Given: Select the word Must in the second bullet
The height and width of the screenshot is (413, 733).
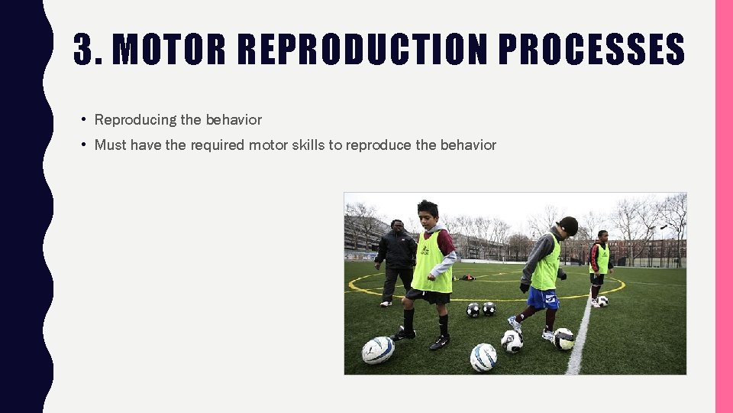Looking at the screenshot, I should [110, 145].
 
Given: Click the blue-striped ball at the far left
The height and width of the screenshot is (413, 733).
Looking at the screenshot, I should [377, 350].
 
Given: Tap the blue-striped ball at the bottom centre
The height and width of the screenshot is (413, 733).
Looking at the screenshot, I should [483, 357].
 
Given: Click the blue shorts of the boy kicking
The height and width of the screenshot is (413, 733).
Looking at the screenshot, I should [543, 298].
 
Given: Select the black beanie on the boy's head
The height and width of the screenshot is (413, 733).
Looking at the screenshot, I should [569, 225].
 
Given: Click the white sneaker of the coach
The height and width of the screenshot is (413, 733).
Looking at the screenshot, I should [386, 304].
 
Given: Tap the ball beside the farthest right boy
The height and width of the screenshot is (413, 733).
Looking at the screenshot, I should [602, 301].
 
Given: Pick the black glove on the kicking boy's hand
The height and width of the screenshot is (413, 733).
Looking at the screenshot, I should [525, 288].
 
